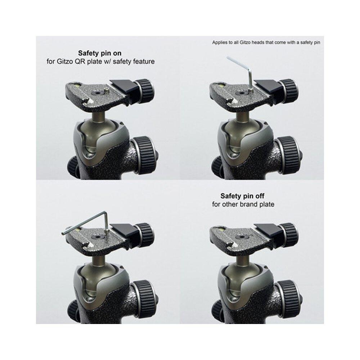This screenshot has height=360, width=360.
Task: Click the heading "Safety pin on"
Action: (100, 53)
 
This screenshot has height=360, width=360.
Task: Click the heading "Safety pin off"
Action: (242, 196)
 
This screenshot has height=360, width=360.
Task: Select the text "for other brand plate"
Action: (243, 204)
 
